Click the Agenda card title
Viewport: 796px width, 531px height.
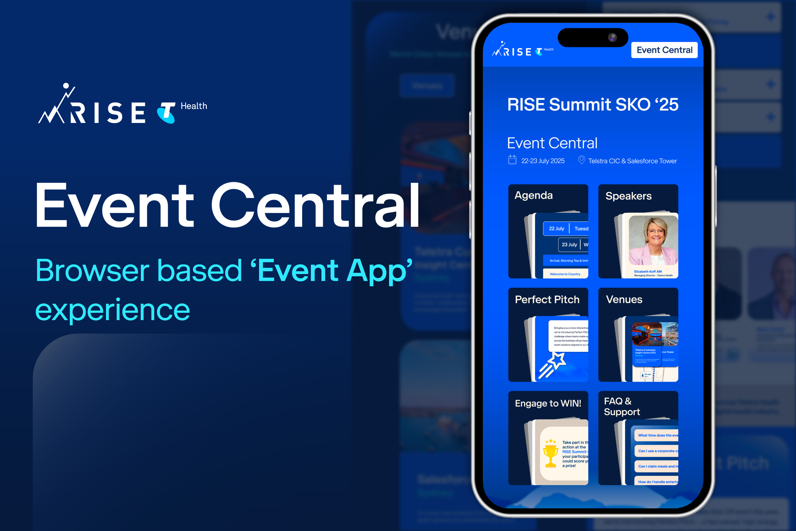(x=533, y=195)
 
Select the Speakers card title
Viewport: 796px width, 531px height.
(x=628, y=196)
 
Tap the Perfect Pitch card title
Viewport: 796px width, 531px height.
(x=547, y=299)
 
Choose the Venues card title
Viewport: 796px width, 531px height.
(x=624, y=299)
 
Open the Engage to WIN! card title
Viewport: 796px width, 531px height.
(x=548, y=403)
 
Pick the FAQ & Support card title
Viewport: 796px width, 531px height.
(x=622, y=406)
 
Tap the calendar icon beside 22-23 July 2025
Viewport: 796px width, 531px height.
(x=512, y=160)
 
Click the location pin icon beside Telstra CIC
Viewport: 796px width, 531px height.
(x=581, y=160)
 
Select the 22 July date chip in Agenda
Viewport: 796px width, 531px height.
(x=556, y=229)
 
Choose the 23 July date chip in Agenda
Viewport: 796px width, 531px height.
(x=569, y=245)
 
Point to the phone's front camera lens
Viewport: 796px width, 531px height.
(x=612, y=38)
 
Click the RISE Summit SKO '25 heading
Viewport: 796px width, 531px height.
(x=592, y=104)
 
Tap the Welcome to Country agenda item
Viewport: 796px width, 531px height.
(x=565, y=274)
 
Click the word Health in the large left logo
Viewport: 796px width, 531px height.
(x=194, y=106)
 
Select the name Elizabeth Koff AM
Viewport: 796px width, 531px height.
(x=647, y=272)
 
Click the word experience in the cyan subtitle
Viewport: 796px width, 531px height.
(x=113, y=310)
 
